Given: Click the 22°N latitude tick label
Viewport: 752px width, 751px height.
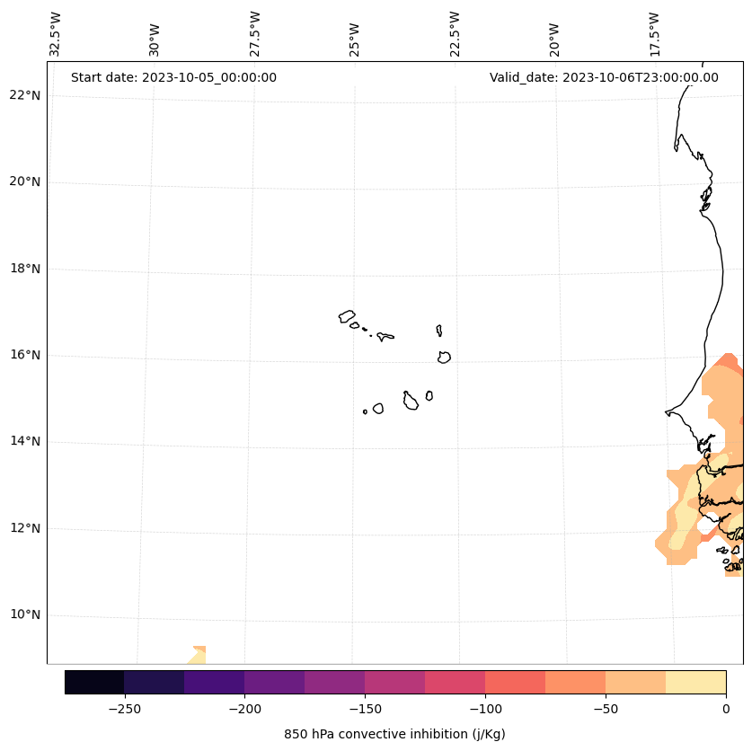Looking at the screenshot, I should point(25,95).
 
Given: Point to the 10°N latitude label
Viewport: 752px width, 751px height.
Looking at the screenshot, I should point(25,615).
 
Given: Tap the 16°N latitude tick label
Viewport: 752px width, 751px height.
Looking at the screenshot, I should point(25,355).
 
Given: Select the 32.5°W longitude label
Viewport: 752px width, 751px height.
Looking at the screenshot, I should point(56,34).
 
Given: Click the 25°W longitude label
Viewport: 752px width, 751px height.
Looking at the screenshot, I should point(355,38).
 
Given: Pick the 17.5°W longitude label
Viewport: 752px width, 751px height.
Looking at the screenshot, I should point(654,34).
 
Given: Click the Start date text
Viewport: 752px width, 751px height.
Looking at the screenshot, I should point(173,77).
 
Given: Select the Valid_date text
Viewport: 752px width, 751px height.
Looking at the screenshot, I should point(604,77).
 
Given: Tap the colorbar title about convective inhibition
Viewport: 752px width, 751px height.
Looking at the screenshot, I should point(394,734).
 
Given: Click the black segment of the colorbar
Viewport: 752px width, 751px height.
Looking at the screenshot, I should point(94,682).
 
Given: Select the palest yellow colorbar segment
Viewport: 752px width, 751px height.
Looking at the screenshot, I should point(695,682).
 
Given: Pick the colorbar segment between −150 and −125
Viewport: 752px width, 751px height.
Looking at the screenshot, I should point(394,682).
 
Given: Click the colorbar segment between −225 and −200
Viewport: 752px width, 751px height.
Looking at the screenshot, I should point(215,682).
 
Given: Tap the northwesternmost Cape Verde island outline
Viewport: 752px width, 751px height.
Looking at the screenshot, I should point(347,316).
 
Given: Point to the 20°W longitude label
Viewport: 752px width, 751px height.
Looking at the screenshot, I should point(554,38).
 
